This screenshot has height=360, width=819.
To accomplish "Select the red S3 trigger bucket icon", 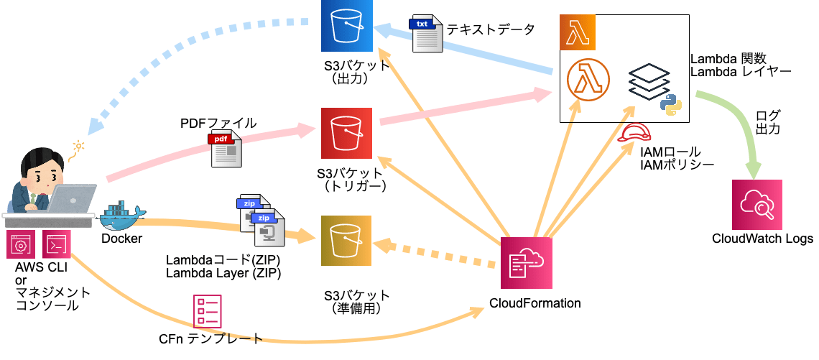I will (346, 133).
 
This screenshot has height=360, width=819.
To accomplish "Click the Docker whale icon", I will (124, 216).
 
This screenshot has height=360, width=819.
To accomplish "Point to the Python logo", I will (671, 104).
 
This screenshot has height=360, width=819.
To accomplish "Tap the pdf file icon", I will (225, 149).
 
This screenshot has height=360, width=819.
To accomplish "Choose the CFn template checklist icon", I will (207, 311).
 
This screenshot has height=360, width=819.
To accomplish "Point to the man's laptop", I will (72, 200).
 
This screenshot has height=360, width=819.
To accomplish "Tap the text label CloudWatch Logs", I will (762, 239).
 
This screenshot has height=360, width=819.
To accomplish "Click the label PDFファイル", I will (218, 123).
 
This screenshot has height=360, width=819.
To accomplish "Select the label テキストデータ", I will (491, 29).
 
